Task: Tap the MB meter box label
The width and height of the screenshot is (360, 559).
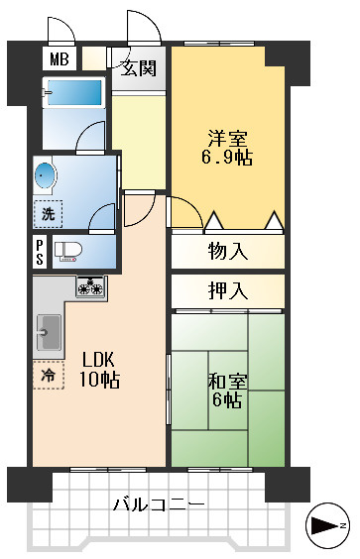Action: (59, 59)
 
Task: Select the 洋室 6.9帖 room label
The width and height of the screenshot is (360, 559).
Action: (227, 147)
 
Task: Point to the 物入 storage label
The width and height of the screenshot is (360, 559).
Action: (227, 251)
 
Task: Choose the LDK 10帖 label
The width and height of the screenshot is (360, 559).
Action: (100, 369)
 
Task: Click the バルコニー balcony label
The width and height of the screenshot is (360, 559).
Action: (159, 504)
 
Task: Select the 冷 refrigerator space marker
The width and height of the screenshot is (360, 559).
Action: (48, 376)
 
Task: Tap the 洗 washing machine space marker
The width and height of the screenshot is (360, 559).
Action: (47, 213)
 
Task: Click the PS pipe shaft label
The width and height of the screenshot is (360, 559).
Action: (39, 252)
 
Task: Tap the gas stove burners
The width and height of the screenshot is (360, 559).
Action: (92, 287)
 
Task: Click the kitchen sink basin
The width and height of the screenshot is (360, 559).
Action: (49, 327)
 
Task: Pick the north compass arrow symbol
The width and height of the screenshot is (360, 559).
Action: (324, 525)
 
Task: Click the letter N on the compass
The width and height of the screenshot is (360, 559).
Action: (342, 525)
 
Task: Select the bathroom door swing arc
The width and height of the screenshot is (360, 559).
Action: (91, 137)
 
